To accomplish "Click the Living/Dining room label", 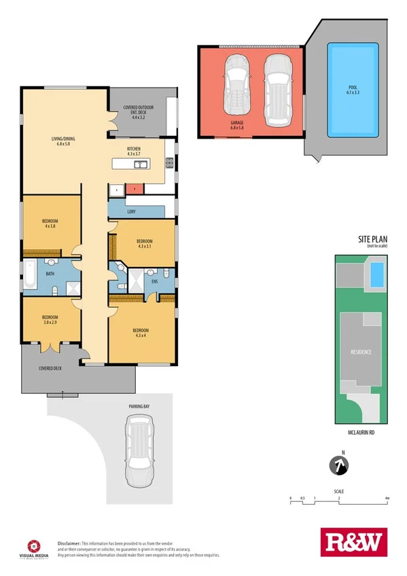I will [63, 141].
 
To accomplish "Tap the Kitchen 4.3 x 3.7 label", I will [134, 151].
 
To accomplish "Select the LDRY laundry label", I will [131, 211].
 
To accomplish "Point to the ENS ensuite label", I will [154, 280].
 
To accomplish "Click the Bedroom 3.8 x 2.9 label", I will [50, 320].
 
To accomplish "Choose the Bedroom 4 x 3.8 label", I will [50, 223].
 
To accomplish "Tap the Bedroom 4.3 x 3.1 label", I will [144, 243].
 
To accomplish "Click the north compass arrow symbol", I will [338, 466].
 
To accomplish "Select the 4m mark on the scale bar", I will [386, 499].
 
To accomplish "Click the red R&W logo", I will [352, 543].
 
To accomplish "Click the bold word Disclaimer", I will [69, 543].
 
